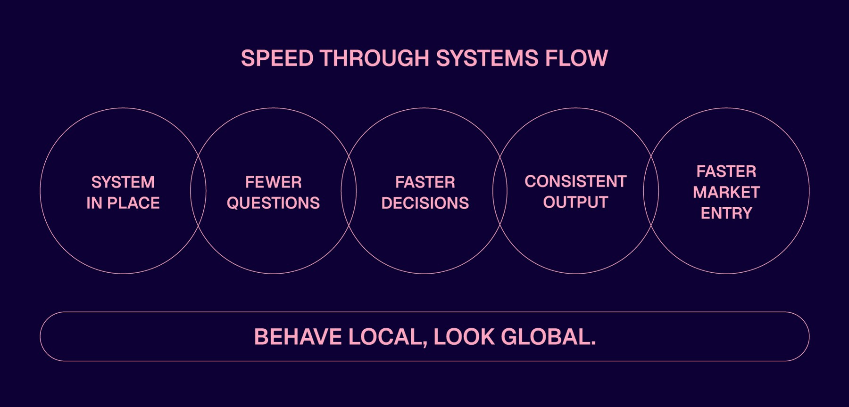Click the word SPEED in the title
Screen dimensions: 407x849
tap(277, 58)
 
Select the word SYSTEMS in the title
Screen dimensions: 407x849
tap(487, 58)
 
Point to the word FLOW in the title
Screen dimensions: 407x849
tap(576, 58)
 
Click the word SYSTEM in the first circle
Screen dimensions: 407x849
tap(123, 182)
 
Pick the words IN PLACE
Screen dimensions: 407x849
tap(123, 203)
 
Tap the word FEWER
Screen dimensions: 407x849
tap(273, 182)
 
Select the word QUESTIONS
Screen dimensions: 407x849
tap(273, 203)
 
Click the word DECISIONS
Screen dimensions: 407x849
tap(424, 203)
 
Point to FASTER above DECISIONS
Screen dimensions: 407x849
tap(424, 182)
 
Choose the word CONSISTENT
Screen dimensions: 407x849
tap(575, 181)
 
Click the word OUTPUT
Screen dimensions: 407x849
tap(575, 202)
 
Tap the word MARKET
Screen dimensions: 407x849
tap(726, 192)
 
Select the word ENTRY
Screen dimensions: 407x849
tap(726, 213)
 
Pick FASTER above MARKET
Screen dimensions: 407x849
tap(726, 171)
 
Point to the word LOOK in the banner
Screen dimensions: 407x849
tap(464, 337)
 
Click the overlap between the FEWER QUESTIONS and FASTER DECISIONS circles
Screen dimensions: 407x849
tap(349, 191)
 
